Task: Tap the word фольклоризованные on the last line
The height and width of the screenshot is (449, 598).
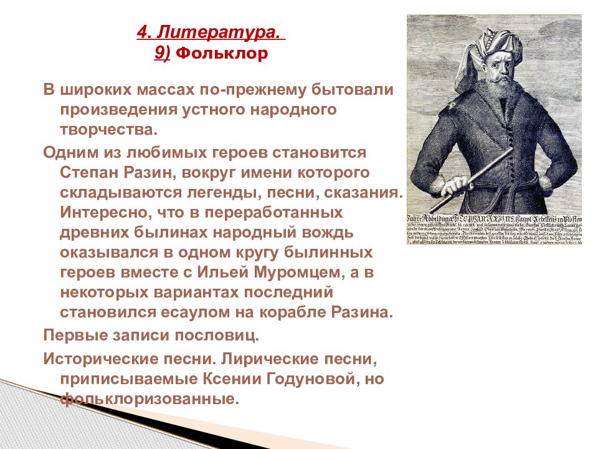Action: coord(150,398)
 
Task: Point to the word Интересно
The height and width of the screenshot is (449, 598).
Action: coord(101,211)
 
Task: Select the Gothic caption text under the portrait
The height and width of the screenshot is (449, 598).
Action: coord(494,229)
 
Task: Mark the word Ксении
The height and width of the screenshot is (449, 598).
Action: coord(235,379)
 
